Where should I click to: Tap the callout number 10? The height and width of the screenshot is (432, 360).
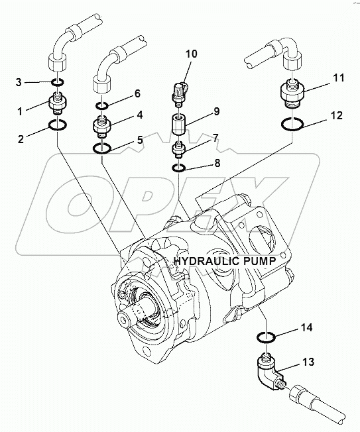tap(190, 53)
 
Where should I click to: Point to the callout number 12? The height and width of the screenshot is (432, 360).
tap(337, 117)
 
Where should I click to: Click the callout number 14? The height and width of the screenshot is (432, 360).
tap(306, 327)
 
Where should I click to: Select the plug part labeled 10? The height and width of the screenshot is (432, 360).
tap(180, 93)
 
